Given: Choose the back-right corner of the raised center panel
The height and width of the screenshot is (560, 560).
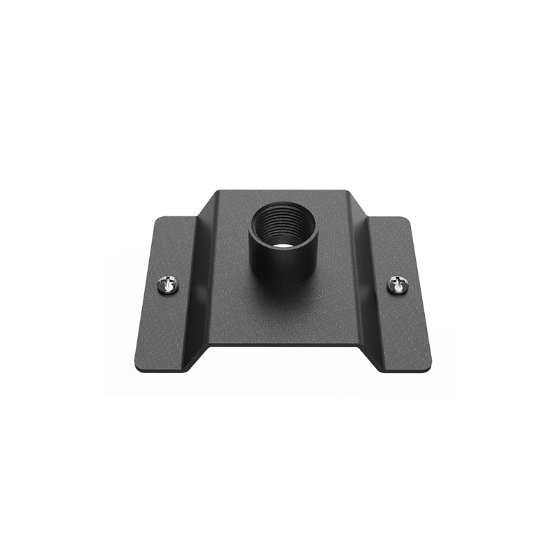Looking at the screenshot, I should [347, 190].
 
